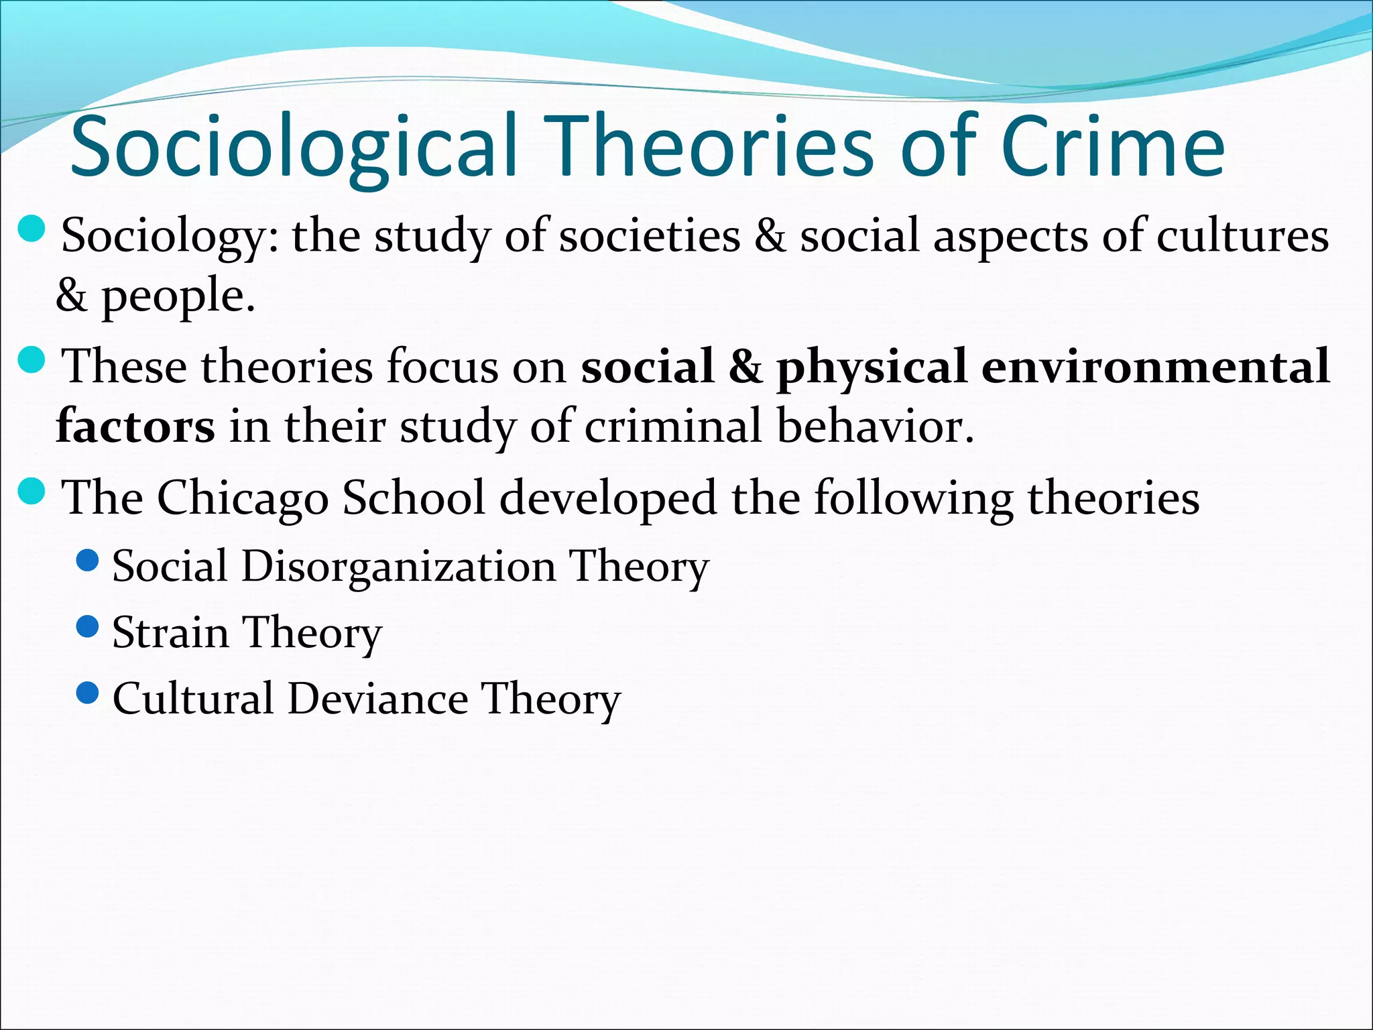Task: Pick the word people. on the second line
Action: click(x=178, y=296)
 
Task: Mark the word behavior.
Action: click(x=875, y=426)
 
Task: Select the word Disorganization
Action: click(x=398, y=567)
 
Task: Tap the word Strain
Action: click(x=170, y=632)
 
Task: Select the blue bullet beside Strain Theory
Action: click(x=88, y=626)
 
